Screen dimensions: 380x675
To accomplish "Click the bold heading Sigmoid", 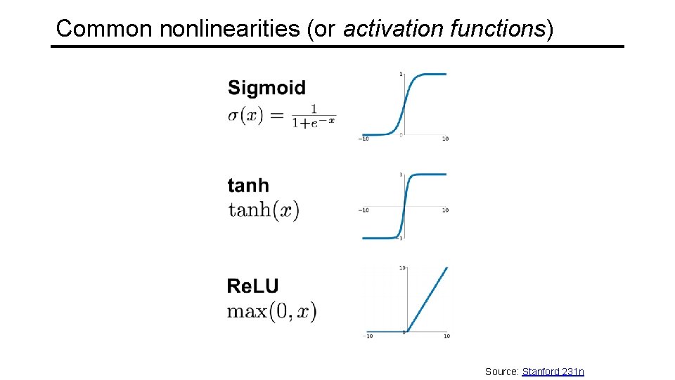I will (266, 88).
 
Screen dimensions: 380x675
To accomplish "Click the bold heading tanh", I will (248, 186).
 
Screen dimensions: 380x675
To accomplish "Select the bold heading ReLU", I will (252, 286).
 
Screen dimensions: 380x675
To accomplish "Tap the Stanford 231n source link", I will (553, 371).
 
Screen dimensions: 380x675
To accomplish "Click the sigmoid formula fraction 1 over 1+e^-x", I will (314, 115).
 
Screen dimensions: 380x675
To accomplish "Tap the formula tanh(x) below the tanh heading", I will (264, 210).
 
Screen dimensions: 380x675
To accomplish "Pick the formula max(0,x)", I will (271, 310).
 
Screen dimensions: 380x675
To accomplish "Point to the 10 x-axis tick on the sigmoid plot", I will (446, 139).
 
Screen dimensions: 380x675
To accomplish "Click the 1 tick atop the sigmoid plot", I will (400, 74).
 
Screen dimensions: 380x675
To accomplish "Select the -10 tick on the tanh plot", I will (364, 210).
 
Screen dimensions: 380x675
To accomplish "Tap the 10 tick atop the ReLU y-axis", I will (401, 267).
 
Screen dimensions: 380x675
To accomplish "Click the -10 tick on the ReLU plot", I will (368, 336).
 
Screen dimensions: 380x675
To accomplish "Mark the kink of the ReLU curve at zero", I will (406, 331).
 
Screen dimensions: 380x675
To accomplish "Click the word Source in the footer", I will (501, 371).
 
